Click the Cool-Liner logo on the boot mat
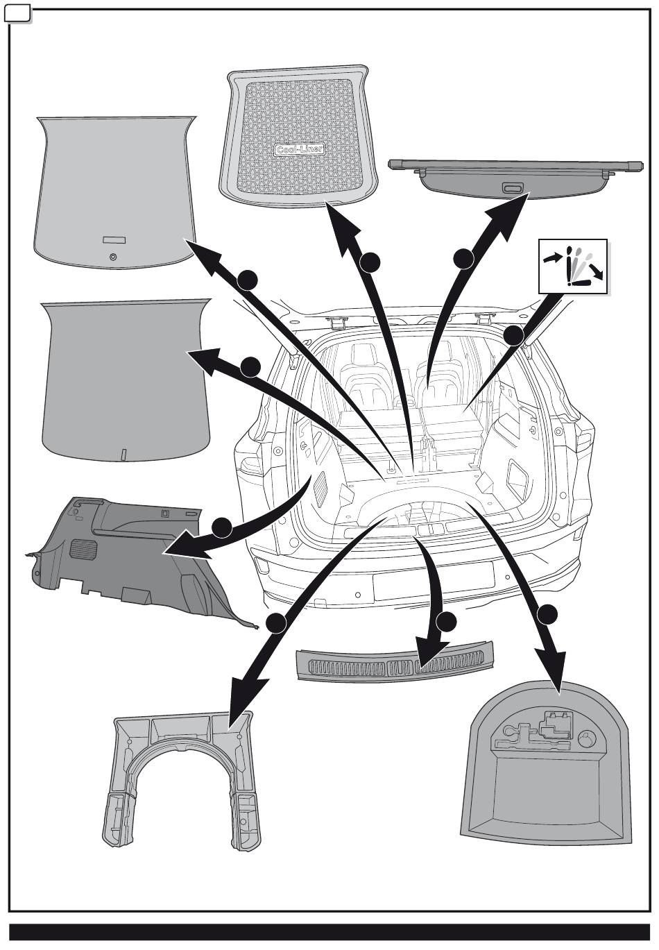click(300, 149)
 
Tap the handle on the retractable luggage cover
click(512, 188)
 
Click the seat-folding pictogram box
click(573, 267)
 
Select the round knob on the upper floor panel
click(114, 257)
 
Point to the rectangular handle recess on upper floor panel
click(114, 239)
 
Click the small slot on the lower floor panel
click(123, 455)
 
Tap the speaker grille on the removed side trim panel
click(85, 548)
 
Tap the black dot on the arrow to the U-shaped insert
click(277, 623)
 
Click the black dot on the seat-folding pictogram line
click(513, 336)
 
